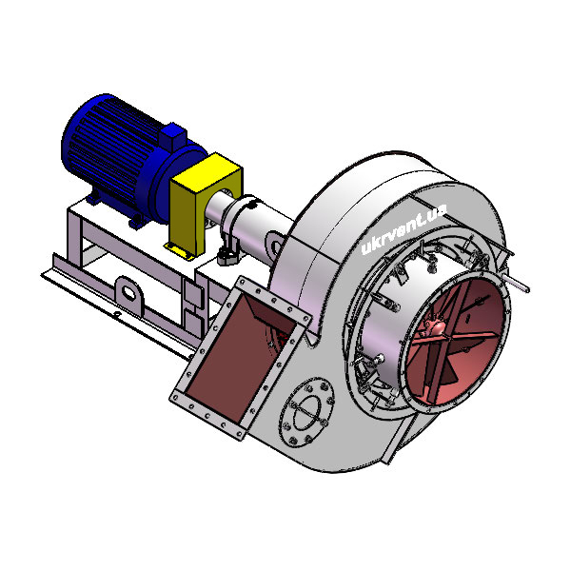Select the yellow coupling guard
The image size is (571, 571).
[x=205, y=204]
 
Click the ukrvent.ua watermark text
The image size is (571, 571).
[x=404, y=228]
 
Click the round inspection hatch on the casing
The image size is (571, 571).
[x=306, y=411]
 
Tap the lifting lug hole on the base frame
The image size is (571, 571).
[x=128, y=292]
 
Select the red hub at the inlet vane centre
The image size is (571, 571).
[x=436, y=326]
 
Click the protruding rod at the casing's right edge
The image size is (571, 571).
[x=517, y=283]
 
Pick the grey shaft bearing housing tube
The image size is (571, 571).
[x=251, y=223]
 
